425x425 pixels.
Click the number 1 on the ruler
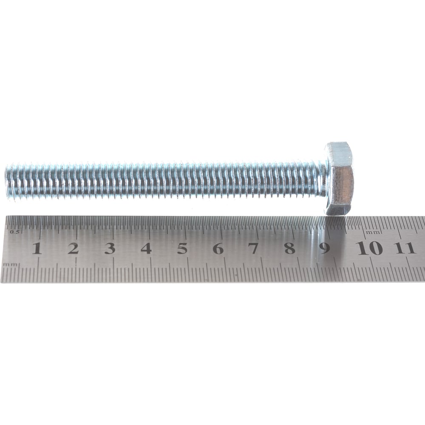(37, 248)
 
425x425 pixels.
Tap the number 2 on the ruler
(73, 248)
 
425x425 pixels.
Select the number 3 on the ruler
(110, 248)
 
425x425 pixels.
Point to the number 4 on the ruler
(146, 248)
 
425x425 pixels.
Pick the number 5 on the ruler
(182, 248)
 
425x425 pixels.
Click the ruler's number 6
(218, 248)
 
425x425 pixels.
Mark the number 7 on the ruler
(253, 248)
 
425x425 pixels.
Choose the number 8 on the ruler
(289, 248)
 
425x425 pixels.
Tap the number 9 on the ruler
(324, 248)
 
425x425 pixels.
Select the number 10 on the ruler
(370, 248)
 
